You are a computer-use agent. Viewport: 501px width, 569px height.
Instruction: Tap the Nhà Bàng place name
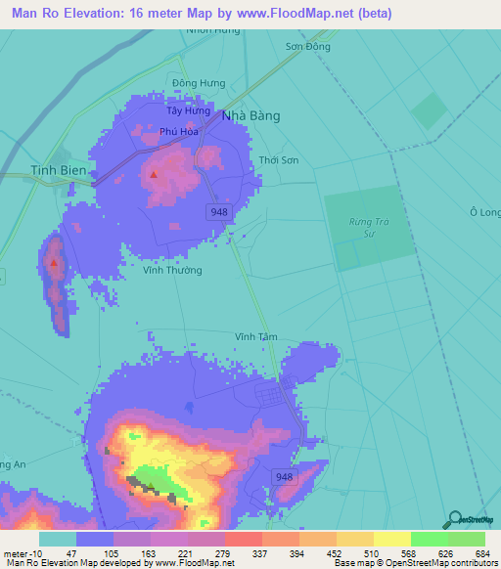point(251,115)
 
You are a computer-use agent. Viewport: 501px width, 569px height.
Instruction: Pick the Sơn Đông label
point(307,46)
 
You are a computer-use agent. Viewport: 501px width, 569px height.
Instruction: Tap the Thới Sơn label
point(279,160)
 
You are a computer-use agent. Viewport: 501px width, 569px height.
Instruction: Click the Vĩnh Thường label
point(172,270)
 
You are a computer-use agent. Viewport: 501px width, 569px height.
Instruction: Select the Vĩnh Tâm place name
point(256,336)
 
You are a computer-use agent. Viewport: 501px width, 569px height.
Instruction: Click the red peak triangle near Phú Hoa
point(154,175)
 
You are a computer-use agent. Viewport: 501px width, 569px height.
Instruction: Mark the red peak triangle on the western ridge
point(54,262)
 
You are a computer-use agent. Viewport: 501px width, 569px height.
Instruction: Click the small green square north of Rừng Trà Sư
point(429,110)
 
